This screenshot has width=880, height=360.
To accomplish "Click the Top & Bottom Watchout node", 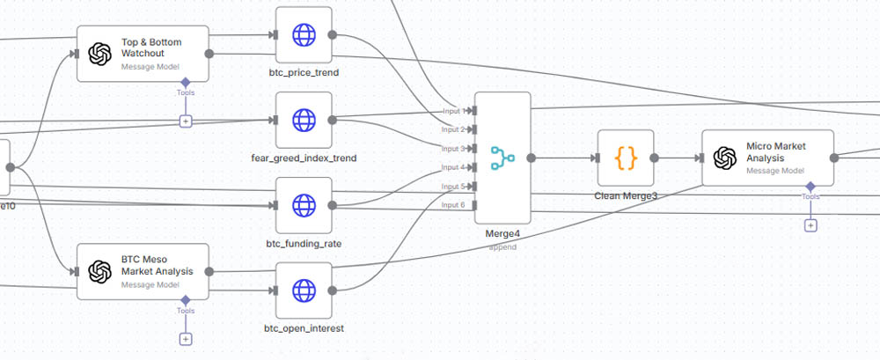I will pyautogui.click(x=143, y=53).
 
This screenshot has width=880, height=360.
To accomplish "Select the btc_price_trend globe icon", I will pyautogui.click(x=304, y=35).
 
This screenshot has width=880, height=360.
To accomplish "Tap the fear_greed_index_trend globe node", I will pyautogui.click(x=304, y=120).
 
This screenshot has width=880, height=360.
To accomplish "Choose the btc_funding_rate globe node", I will pyautogui.click(x=304, y=205).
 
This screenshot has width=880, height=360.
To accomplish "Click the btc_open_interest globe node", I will pyautogui.click(x=304, y=290).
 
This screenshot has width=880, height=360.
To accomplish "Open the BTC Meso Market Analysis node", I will pyautogui.click(x=143, y=272).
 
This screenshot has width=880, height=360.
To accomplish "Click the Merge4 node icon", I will pyautogui.click(x=502, y=158).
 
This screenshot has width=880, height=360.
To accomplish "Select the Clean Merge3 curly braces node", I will pyautogui.click(x=626, y=158).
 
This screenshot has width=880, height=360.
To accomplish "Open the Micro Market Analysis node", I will pyautogui.click(x=767, y=158).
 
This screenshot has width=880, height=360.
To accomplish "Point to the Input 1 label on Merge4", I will pyautogui.click(x=454, y=111).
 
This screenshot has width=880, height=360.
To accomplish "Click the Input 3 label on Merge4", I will pyautogui.click(x=454, y=148).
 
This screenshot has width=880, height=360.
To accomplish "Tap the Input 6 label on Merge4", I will pyautogui.click(x=454, y=204).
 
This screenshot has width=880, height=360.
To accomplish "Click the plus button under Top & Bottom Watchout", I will pyautogui.click(x=186, y=121).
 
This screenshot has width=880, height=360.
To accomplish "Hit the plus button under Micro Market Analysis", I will pyautogui.click(x=810, y=225).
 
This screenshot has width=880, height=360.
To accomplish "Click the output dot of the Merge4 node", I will pyautogui.click(x=532, y=158).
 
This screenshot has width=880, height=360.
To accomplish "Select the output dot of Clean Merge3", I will pyautogui.click(x=654, y=158).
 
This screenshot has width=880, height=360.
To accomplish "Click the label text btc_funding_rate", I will pyautogui.click(x=304, y=243).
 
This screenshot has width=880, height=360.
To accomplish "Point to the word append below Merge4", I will pyautogui.click(x=502, y=247).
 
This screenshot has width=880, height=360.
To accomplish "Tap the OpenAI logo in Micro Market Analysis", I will pyautogui.click(x=724, y=158).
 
